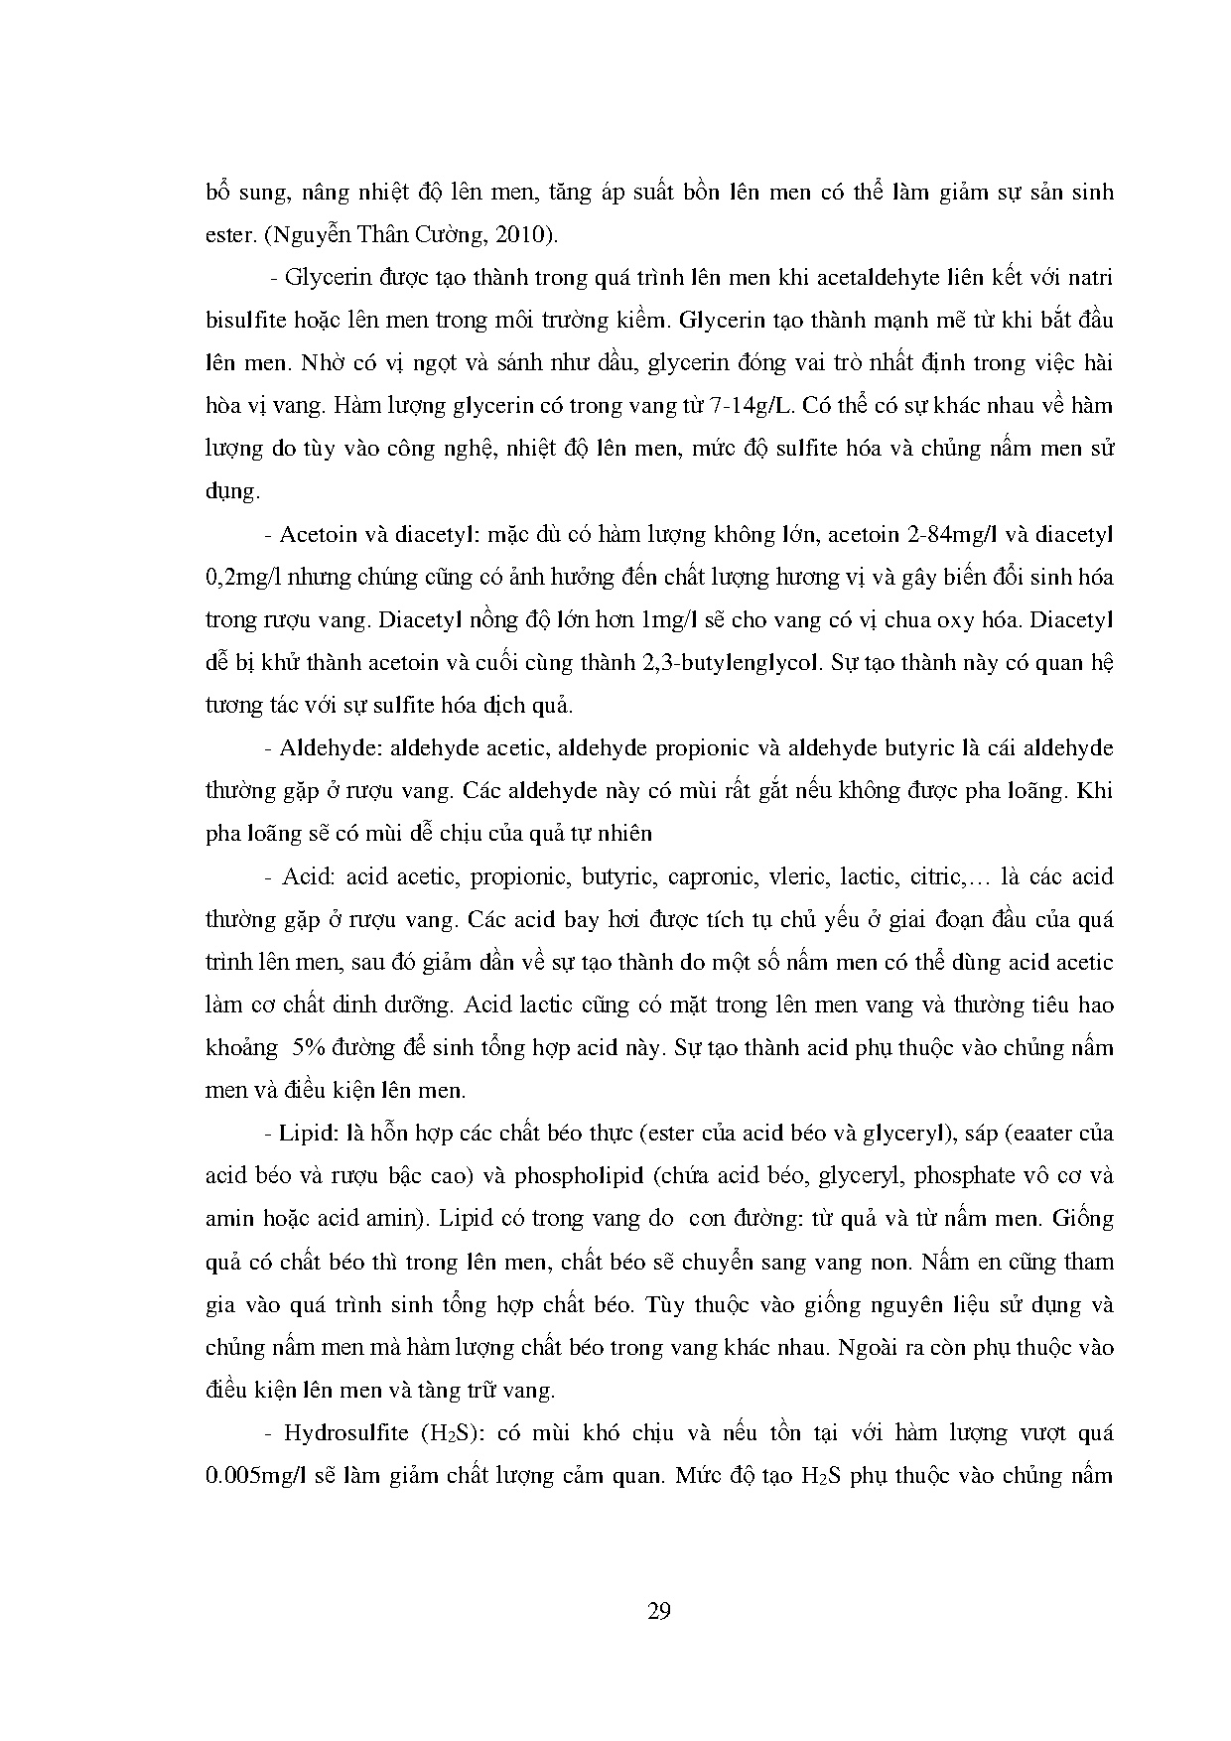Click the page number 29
point(658,1610)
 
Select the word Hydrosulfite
point(340,1433)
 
